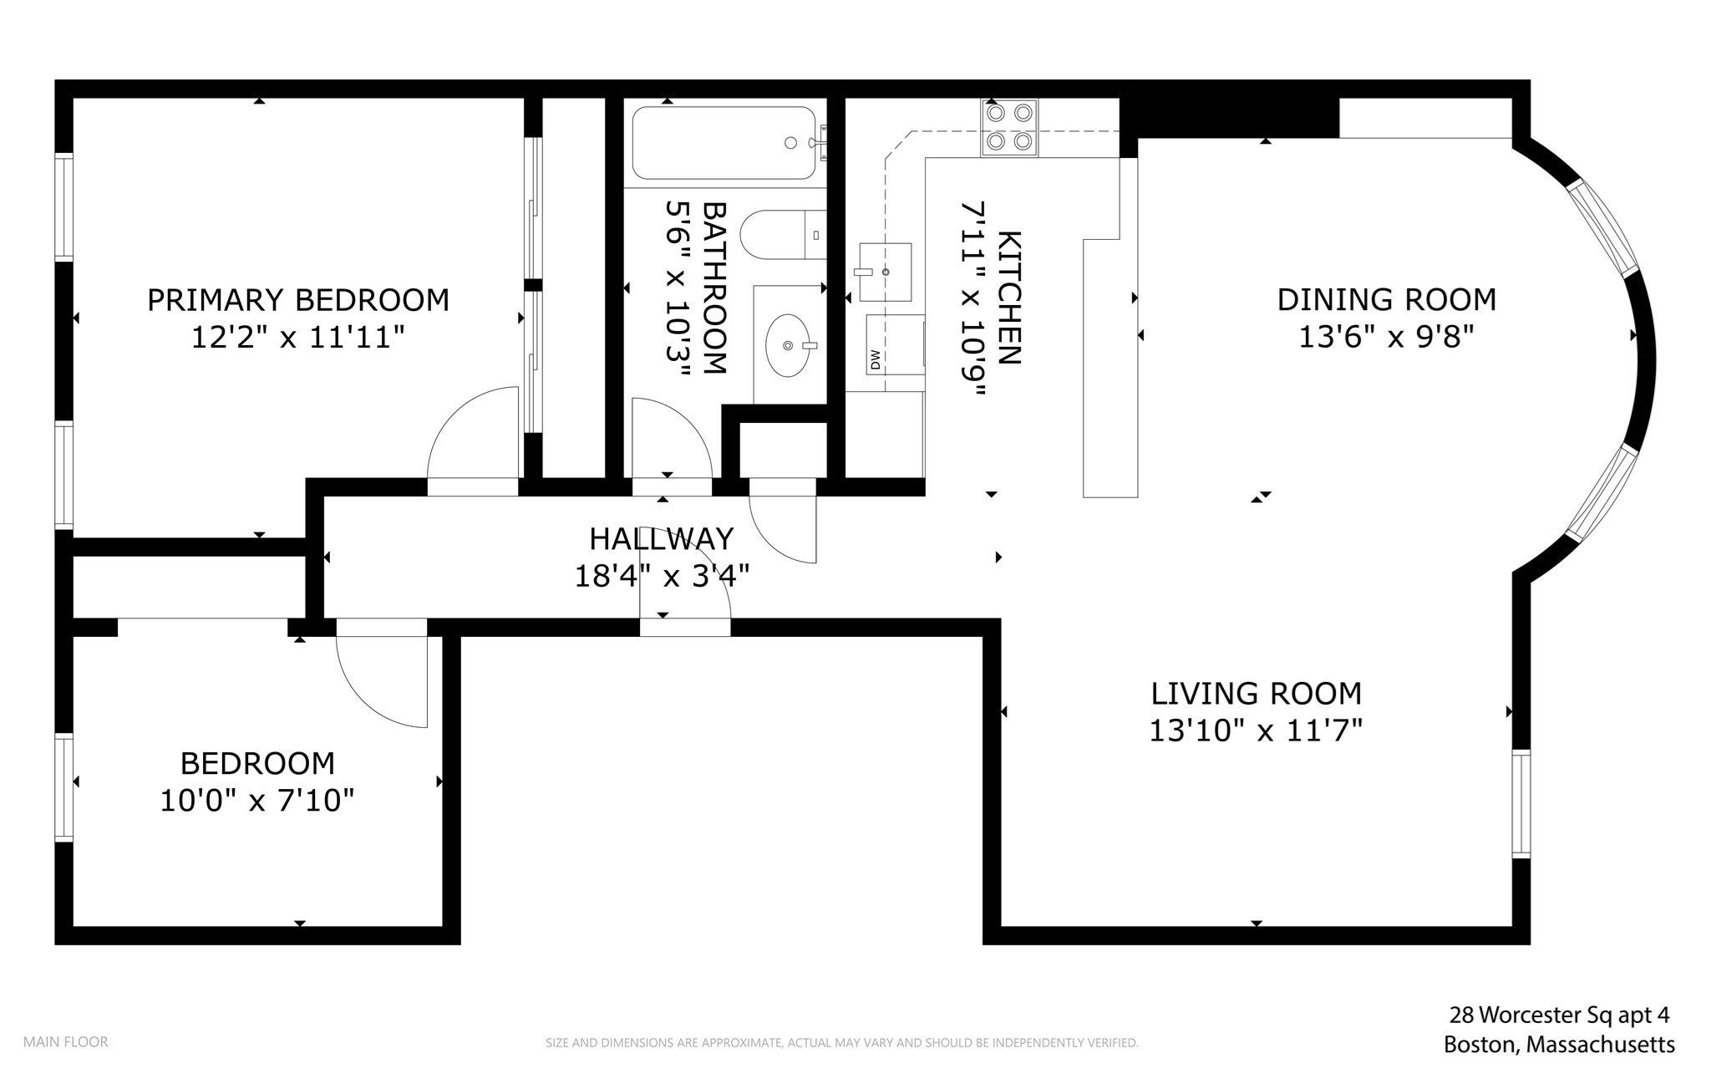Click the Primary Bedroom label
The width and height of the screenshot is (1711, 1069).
(x=298, y=299)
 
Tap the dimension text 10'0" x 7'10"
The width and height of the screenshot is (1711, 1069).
(x=257, y=801)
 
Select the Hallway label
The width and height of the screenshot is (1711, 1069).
(x=662, y=538)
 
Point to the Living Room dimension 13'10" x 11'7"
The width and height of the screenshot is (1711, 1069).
(x=1257, y=730)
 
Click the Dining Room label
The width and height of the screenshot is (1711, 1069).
(x=1387, y=299)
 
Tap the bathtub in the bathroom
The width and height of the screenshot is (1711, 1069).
(x=723, y=143)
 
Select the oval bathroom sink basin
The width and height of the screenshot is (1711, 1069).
(x=789, y=344)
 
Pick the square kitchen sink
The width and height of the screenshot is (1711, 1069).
(x=885, y=272)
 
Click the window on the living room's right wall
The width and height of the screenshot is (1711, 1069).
(x=1521, y=804)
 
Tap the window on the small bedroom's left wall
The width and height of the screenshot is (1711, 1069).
(x=64, y=786)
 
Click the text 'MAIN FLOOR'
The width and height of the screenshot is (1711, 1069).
(x=65, y=1042)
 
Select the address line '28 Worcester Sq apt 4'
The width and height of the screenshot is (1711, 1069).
(x=1559, y=1016)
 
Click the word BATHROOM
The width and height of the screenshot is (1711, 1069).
(x=714, y=287)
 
